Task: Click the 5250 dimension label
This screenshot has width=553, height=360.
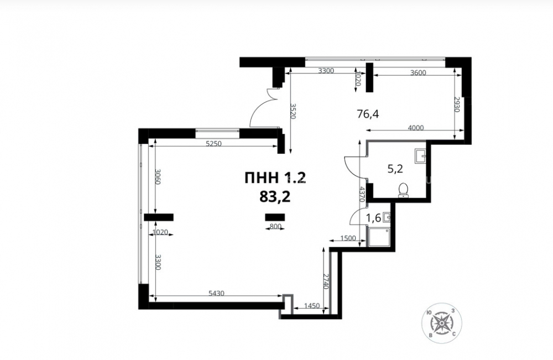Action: point(213,144)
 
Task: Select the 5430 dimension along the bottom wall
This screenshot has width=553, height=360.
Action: point(217,293)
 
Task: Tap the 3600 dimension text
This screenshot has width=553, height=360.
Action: point(418,73)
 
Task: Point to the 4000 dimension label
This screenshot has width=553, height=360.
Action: point(416,128)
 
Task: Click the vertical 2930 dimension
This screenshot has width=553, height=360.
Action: point(457,105)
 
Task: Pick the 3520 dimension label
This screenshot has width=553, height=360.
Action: point(293,111)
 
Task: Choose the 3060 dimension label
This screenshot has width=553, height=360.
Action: point(158,178)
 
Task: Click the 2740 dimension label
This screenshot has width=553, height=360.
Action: point(326,281)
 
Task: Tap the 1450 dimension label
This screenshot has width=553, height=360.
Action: point(312,306)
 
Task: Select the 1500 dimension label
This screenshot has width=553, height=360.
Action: point(348,238)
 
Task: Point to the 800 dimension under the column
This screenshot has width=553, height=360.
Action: point(275,227)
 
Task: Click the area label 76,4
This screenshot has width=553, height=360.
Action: point(368,114)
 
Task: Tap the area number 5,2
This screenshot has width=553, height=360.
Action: point(395,169)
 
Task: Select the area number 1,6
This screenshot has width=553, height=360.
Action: point(373,218)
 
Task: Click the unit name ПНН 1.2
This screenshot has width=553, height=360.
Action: point(275,178)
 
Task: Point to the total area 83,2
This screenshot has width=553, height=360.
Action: point(275,197)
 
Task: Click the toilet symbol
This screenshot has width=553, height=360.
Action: point(403,190)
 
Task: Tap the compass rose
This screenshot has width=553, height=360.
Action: point(442,323)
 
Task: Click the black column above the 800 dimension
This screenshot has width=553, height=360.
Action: point(275,217)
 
